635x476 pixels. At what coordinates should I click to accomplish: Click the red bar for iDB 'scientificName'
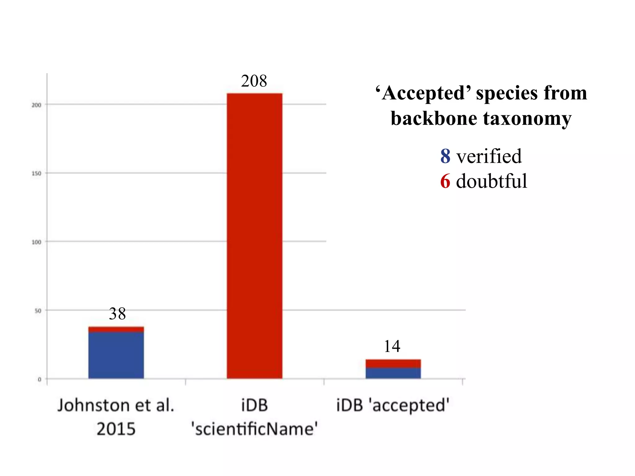pos(254,236)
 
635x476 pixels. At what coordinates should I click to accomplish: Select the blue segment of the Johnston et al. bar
pos(116,355)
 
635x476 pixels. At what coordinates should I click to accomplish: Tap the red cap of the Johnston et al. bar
pos(116,329)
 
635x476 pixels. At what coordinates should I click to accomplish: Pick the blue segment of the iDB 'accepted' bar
pos(393,373)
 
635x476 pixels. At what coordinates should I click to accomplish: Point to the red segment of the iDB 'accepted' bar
pos(393,364)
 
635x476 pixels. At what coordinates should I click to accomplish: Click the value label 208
pos(254,81)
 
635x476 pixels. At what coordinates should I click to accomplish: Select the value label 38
pos(117,314)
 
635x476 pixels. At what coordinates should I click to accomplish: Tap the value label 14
pos(392,346)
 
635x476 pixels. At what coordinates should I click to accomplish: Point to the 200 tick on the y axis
pos(36,105)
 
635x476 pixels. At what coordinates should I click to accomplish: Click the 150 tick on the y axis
pos(36,174)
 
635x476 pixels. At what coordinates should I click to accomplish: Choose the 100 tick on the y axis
pos(36,242)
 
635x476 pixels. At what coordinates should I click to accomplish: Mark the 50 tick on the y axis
pos(38,311)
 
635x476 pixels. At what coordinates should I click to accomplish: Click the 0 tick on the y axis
pos(39,379)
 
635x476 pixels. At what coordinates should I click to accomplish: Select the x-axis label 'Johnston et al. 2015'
pos(116,417)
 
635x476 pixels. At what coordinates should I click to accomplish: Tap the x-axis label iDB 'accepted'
pos(393,405)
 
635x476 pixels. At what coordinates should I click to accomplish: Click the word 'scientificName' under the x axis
pos(254,429)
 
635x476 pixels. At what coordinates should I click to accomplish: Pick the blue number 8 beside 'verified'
pos(445,156)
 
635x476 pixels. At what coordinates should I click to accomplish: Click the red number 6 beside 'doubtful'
pos(445,181)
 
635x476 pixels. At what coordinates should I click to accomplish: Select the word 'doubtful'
pos(491,181)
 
